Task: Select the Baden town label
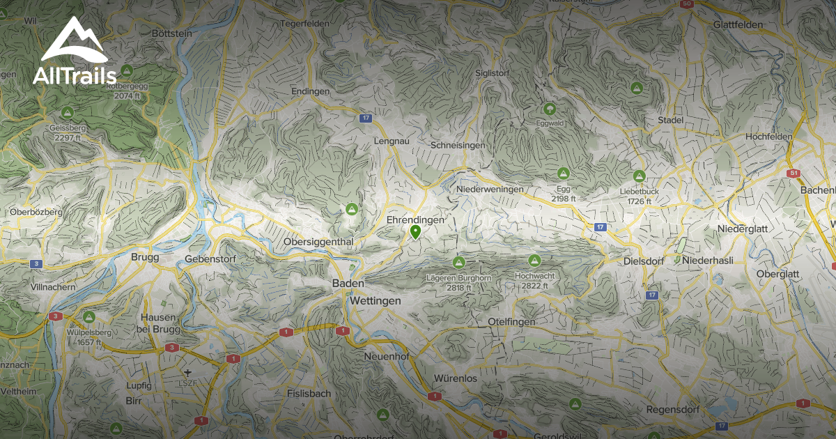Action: click(x=348, y=284)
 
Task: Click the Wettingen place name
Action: click(x=376, y=300)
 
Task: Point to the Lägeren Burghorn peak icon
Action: click(x=458, y=263)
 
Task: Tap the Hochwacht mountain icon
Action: click(x=534, y=261)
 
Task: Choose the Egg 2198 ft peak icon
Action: click(x=563, y=173)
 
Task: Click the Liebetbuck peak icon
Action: click(x=640, y=176)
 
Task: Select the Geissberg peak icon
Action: click(x=67, y=112)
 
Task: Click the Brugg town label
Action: click(x=145, y=257)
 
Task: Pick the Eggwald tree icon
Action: click(x=550, y=109)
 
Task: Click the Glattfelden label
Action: click(x=738, y=24)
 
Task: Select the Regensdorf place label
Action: click(x=672, y=409)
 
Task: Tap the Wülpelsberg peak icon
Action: click(x=88, y=317)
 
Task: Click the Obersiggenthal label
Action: click(x=319, y=242)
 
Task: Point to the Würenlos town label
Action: click(x=456, y=378)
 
